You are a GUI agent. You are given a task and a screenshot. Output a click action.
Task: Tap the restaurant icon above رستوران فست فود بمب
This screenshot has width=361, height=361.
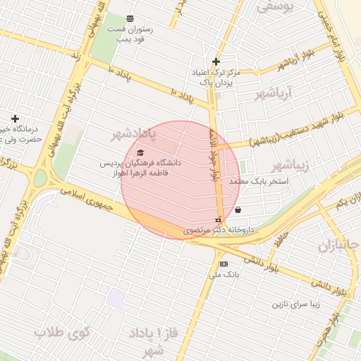130,18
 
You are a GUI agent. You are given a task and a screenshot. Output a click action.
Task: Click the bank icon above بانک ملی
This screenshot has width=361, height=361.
224,264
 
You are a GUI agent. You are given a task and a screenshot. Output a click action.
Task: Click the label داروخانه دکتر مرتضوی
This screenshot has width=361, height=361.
219,230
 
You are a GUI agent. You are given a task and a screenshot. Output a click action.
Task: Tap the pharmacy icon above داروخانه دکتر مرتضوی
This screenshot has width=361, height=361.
217,219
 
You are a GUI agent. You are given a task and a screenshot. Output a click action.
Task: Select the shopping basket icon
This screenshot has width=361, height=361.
238,209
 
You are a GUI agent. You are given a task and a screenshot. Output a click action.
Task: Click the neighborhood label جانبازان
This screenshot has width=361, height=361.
338,246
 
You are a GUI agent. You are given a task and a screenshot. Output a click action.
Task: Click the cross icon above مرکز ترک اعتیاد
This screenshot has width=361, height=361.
216,61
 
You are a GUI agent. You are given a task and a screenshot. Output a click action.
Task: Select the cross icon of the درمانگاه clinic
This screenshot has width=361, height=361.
15,118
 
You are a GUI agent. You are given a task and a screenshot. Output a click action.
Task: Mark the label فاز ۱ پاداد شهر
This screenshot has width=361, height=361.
152,340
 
